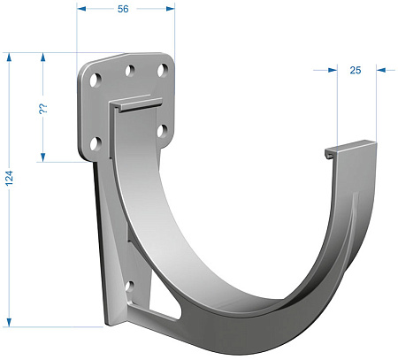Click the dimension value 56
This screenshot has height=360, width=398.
tap(123, 9)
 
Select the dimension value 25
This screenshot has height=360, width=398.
tap(356, 70)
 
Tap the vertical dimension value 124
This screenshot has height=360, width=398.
tap(10, 178)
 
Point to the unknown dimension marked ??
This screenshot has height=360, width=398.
tap(43, 109)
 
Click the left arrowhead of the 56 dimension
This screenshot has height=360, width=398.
tap(81, 9)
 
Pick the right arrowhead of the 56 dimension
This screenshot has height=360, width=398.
tap(171, 9)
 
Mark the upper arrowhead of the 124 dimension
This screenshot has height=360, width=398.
tap(9, 57)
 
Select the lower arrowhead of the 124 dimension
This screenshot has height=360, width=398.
tap(9, 322)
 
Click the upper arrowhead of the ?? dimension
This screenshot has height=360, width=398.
tap(43, 57)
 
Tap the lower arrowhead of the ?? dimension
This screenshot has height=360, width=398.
tap(43, 157)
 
